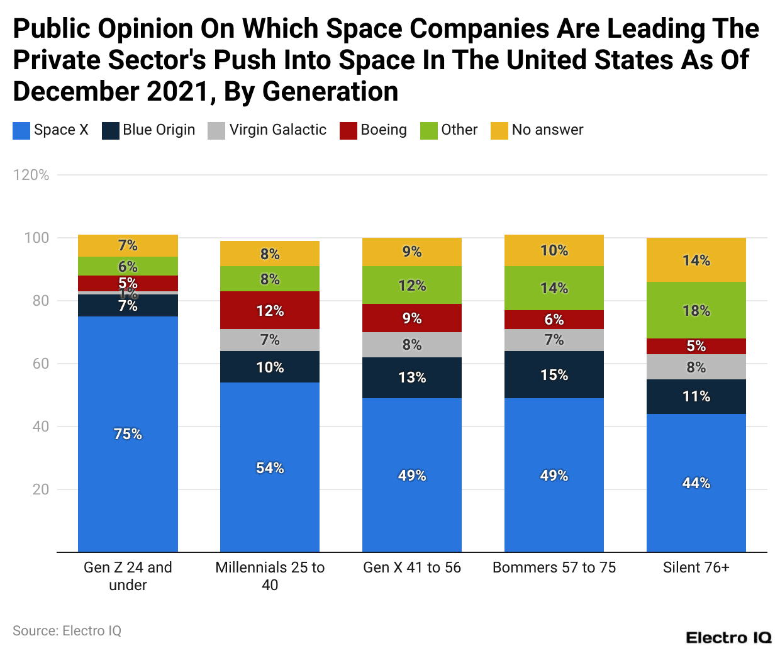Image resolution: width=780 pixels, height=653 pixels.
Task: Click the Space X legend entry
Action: point(51,130)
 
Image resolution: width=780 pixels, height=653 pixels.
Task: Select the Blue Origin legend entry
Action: point(148,130)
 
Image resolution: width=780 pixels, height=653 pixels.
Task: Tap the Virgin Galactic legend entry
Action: point(267,130)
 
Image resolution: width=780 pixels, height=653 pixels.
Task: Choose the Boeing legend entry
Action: point(374,130)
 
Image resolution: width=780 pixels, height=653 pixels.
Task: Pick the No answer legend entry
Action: point(537,130)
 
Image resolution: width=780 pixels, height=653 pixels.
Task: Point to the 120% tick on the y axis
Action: point(31,175)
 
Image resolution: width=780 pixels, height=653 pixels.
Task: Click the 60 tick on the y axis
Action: point(40,364)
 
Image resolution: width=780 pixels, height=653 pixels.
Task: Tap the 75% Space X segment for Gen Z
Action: point(128,434)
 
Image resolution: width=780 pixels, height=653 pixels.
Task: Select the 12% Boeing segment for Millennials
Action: point(270,310)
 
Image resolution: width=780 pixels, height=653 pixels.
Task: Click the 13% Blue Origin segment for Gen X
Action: point(412,377)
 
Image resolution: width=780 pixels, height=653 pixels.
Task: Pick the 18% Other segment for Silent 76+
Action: point(696,310)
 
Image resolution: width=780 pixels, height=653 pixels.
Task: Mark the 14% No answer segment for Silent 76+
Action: point(696,260)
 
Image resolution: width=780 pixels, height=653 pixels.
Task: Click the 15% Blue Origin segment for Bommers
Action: point(554,374)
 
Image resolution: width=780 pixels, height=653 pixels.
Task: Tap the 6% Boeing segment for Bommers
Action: point(554,320)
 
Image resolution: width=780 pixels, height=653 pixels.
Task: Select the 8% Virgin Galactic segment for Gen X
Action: point(412,345)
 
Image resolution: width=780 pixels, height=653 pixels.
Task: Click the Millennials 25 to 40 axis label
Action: point(270,576)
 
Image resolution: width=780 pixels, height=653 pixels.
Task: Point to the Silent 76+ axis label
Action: point(696,567)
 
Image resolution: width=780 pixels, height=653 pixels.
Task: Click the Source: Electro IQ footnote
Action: point(67,631)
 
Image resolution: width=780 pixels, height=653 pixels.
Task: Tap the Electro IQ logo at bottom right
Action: point(728,638)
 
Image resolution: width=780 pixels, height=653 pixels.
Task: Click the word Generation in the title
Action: point(330,92)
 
